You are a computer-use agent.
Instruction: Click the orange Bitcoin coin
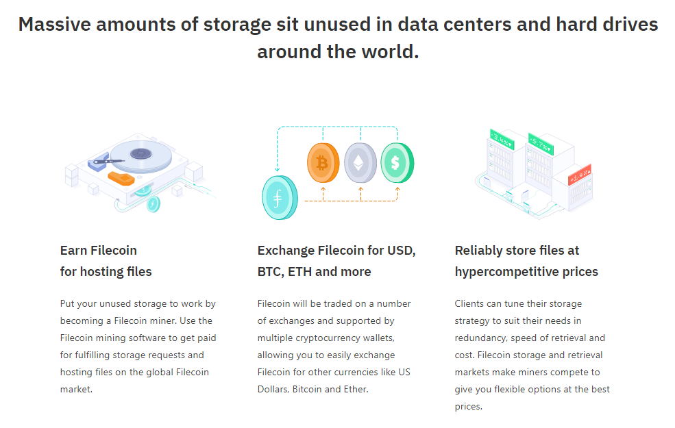[x=321, y=163]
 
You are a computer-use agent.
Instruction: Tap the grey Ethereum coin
[x=360, y=163]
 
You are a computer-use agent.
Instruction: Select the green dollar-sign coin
[x=396, y=163]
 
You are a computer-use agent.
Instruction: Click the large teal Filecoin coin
[x=279, y=197]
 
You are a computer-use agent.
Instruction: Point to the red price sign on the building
[x=580, y=175]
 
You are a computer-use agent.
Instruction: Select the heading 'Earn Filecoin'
[x=99, y=251]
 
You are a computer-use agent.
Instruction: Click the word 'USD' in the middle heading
[x=401, y=251]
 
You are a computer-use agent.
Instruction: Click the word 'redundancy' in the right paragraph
[x=482, y=338]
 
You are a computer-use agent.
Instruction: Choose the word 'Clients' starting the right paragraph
[x=471, y=303]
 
